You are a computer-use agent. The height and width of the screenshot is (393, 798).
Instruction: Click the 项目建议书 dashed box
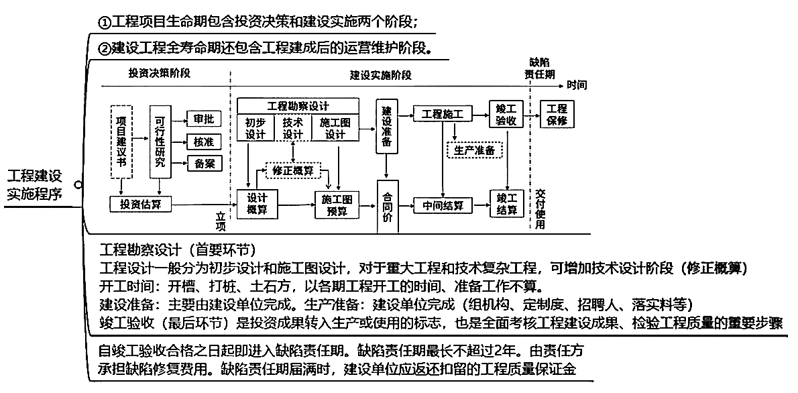tap(121, 141)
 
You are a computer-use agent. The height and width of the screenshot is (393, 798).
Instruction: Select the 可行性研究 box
tap(160, 141)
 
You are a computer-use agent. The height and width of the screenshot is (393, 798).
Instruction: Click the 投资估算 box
tap(135, 203)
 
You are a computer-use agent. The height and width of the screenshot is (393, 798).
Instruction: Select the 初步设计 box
tap(255, 128)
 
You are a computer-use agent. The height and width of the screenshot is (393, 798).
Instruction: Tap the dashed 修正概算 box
tap(294, 170)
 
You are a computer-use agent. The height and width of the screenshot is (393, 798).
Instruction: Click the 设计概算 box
tap(257, 204)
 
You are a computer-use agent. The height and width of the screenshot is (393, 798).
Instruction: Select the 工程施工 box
tap(443, 114)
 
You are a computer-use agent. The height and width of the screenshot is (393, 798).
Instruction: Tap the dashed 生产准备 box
tap(474, 150)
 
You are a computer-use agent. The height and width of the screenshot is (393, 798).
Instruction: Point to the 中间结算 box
tap(443, 205)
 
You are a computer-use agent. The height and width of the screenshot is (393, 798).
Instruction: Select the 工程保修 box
tap(557, 114)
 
